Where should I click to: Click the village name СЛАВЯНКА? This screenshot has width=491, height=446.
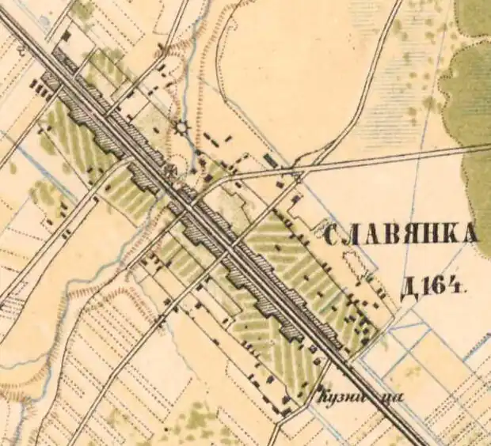tap(402, 234)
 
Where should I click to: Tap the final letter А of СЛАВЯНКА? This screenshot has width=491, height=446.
tap(470, 234)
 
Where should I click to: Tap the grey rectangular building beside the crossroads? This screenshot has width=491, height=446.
tap(272, 161)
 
